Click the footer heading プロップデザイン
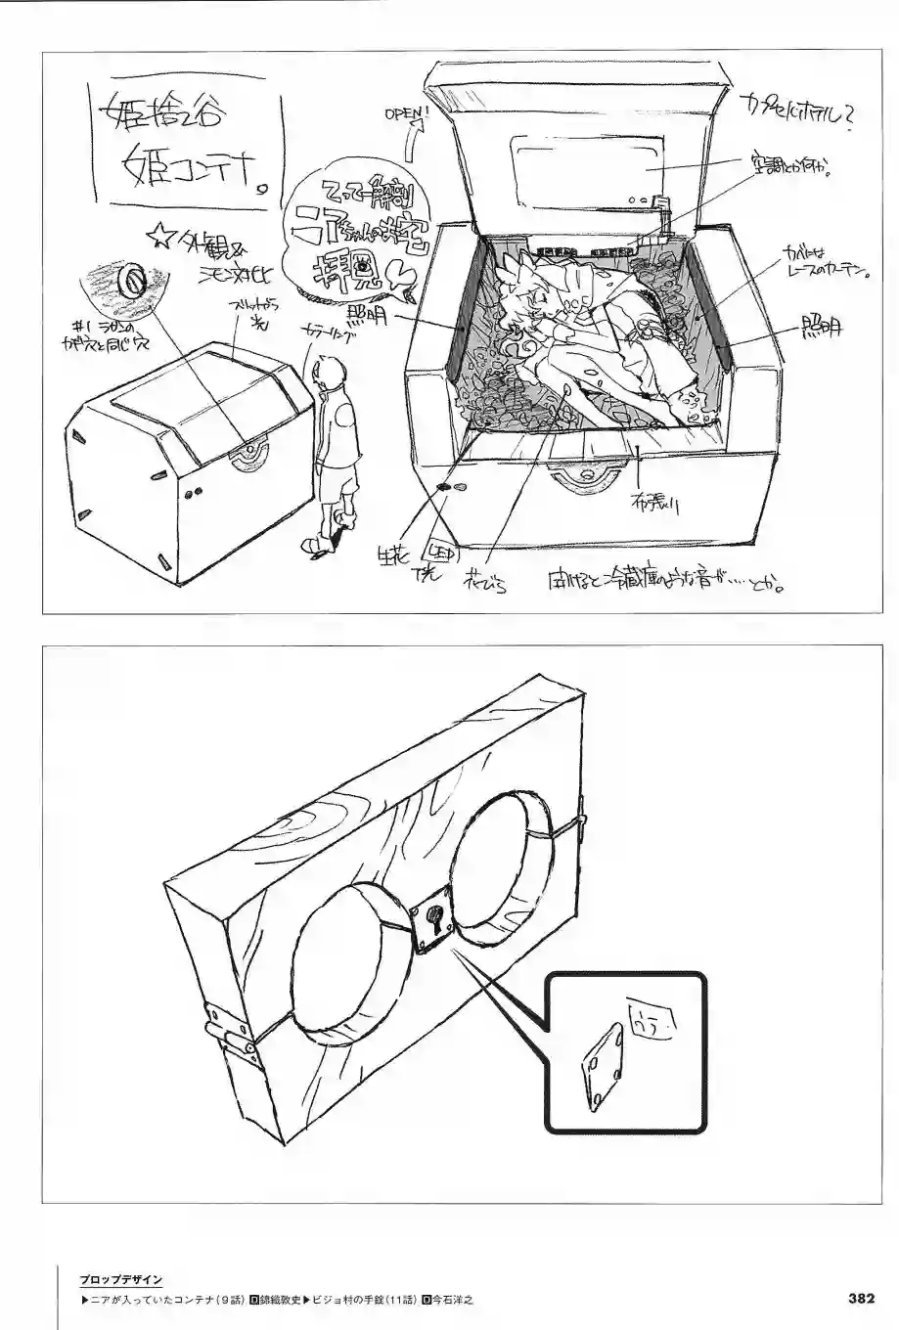(x=121, y=1279)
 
